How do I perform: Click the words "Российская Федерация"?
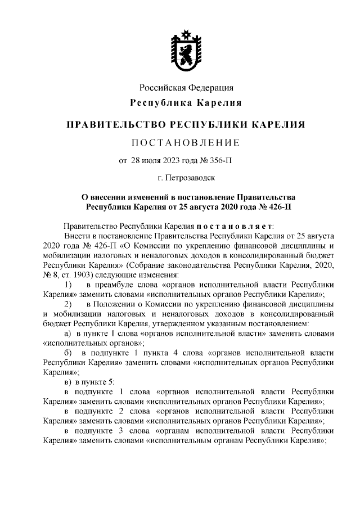tap(186, 88)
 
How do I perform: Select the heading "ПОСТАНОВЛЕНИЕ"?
tap(185, 142)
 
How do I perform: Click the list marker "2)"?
tap(67, 304)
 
